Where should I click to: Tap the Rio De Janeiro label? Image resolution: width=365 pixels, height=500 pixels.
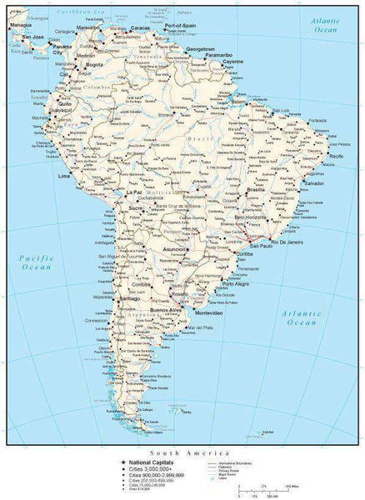click(288, 241)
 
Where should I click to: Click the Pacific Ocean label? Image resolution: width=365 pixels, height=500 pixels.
click(32, 263)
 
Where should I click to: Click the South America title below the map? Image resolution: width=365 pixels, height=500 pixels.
click(182, 447)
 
